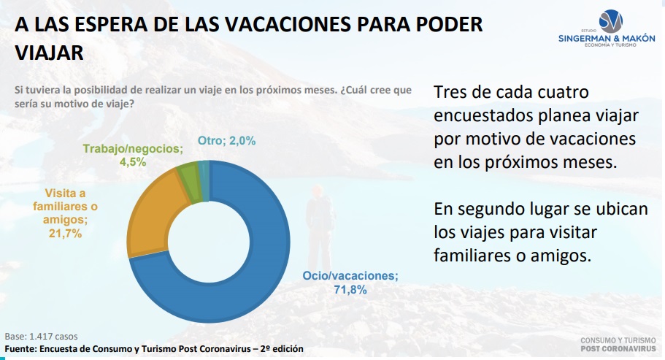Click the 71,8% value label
350,290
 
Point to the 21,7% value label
65,233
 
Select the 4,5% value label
133,162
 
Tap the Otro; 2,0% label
226,141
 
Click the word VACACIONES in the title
288,24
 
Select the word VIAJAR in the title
49,53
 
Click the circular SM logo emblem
611,20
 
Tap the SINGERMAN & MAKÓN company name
607,38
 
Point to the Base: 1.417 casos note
41,337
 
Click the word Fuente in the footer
20,349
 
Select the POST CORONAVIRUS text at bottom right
618,348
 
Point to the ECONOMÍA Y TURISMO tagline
610,45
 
